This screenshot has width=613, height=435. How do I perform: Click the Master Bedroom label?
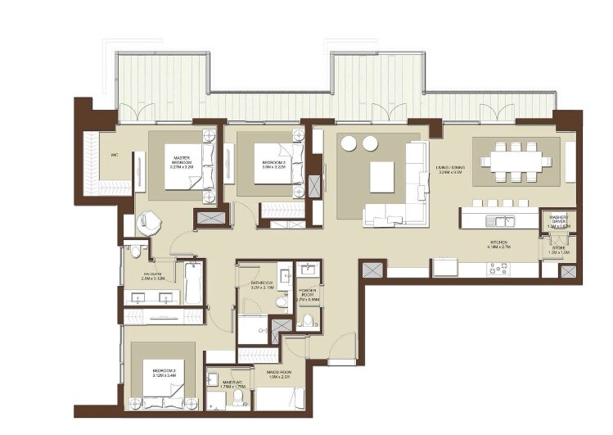pyautogui.click(x=180, y=162)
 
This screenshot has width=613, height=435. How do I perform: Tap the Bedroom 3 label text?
pyautogui.click(x=273, y=162)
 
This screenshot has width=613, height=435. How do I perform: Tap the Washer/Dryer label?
pyautogui.click(x=559, y=220)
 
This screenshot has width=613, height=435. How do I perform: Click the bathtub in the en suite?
pyautogui.click(x=193, y=281)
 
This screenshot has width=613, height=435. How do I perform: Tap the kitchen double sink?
pyautogui.click(x=499, y=220)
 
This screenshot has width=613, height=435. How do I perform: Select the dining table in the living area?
pyautogui.click(x=519, y=161)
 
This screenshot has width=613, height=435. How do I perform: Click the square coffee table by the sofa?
pyautogui.click(x=382, y=175)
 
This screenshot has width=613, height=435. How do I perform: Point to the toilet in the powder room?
pyautogui.click(x=308, y=319)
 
